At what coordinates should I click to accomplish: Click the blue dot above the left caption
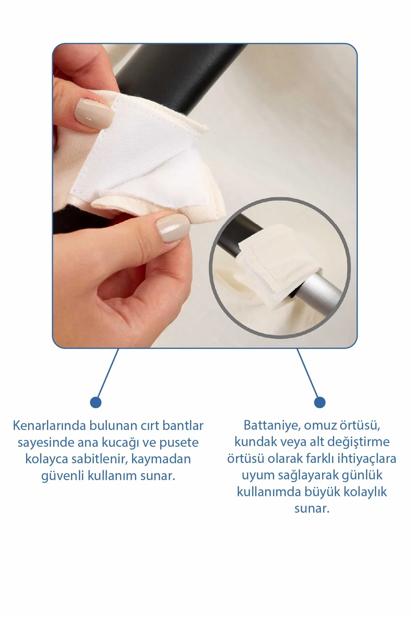click(x=96, y=403)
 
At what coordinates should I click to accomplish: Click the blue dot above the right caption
click(x=320, y=403)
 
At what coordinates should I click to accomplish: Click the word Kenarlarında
click(x=49, y=425)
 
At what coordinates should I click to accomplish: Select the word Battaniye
click(x=266, y=425)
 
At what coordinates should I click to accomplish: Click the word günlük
click(x=362, y=476)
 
